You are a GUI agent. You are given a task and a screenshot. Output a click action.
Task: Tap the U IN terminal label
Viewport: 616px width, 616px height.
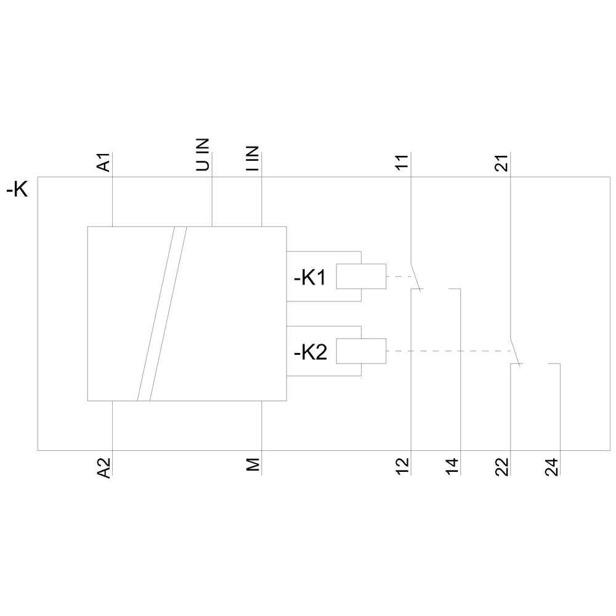point(204,154)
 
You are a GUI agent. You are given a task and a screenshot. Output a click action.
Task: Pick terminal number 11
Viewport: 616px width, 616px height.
point(402,163)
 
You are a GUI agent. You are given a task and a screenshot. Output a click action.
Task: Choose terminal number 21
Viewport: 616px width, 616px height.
point(502,163)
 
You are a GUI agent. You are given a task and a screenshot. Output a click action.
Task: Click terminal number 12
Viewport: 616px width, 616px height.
point(402,467)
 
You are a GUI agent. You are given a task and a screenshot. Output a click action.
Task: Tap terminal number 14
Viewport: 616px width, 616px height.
point(453,467)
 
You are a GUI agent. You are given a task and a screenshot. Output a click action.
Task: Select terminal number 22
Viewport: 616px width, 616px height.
point(502,467)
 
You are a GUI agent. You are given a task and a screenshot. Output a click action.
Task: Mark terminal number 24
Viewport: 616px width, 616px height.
point(552,467)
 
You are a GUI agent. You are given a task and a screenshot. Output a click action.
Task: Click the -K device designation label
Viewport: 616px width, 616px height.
point(17,190)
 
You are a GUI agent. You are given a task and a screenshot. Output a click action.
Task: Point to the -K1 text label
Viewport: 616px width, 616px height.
point(310,278)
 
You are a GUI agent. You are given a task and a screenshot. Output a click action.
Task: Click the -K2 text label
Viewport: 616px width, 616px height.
point(310,352)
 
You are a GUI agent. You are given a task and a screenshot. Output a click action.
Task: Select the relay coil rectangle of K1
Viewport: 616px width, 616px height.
point(361,277)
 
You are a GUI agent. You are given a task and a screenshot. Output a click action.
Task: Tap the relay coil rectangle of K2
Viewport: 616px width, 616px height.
point(361,351)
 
